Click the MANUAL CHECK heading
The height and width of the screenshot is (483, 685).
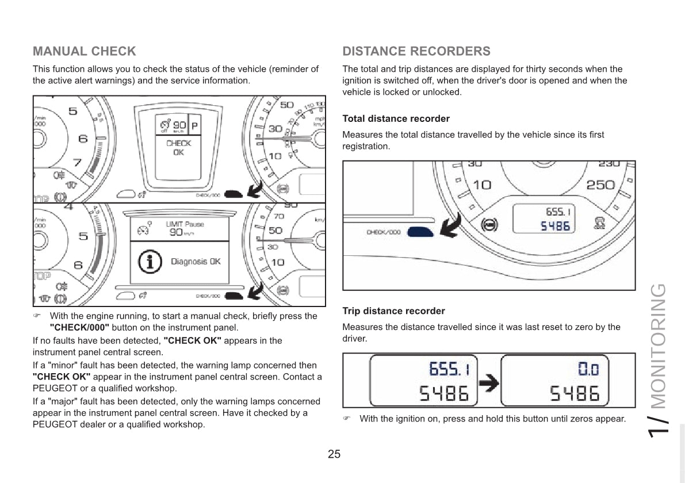coord(85,52)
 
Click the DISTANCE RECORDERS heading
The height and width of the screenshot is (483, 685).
coord(416,52)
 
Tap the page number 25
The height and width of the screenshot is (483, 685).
coord(334,454)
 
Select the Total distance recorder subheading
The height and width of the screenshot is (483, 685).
coord(396,119)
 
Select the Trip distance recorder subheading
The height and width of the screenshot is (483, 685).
coord(393,311)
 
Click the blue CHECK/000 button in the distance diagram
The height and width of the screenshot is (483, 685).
coord(420,232)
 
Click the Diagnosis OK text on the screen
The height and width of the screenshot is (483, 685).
coord(196,262)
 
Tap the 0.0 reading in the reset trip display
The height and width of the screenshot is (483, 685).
coord(588,369)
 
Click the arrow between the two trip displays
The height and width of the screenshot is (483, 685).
coord(489,384)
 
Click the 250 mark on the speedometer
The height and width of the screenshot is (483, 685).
coord(600,185)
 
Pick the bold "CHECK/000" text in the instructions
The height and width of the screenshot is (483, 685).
coord(79,328)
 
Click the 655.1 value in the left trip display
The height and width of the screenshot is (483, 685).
coord(450,369)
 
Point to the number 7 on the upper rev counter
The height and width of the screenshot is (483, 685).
coord(77,163)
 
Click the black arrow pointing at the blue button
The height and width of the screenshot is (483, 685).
coord(451,225)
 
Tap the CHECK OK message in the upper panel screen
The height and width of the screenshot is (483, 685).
coord(178,148)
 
